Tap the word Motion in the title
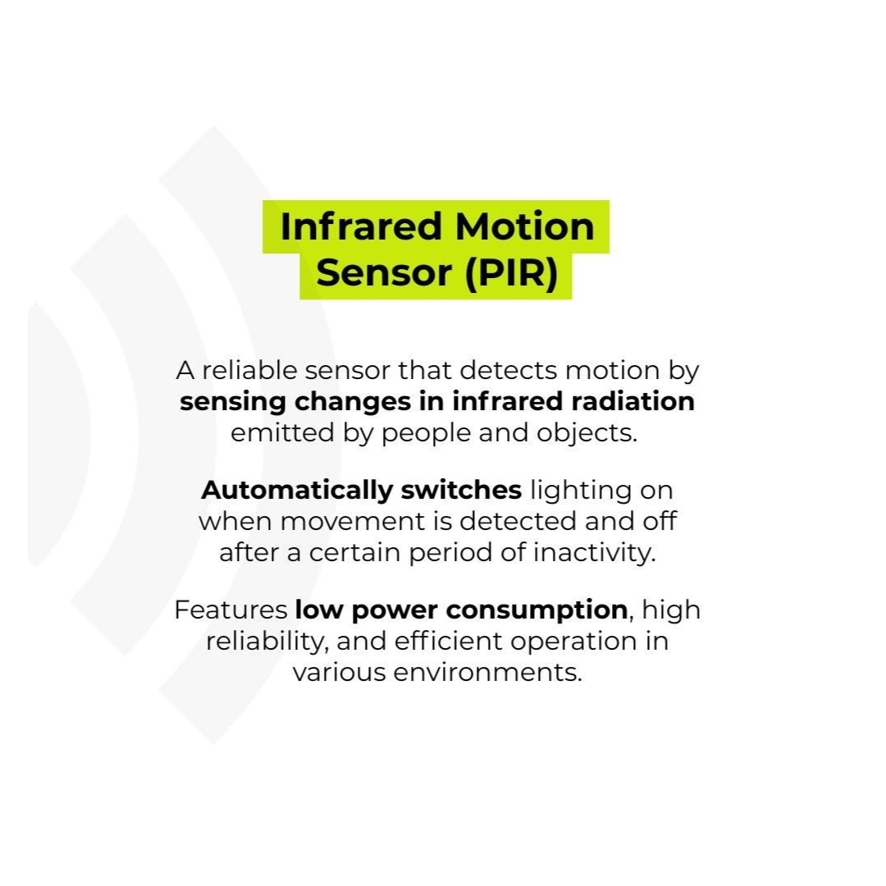pyautogui.click(x=524, y=226)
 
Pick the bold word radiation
pyautogui.click(x=633, y=402)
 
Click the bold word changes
pyautogui.click(x=353, y=402)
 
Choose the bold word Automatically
pyautogui.click(x=297, y=491)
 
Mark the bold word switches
pyautogui.click(x=461, y=490)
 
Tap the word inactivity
pyautogui.click(x=595, y=553)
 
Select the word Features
pyautogui.click(x=231, y=610)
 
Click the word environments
pyautogui.click(x=487, y=673)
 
